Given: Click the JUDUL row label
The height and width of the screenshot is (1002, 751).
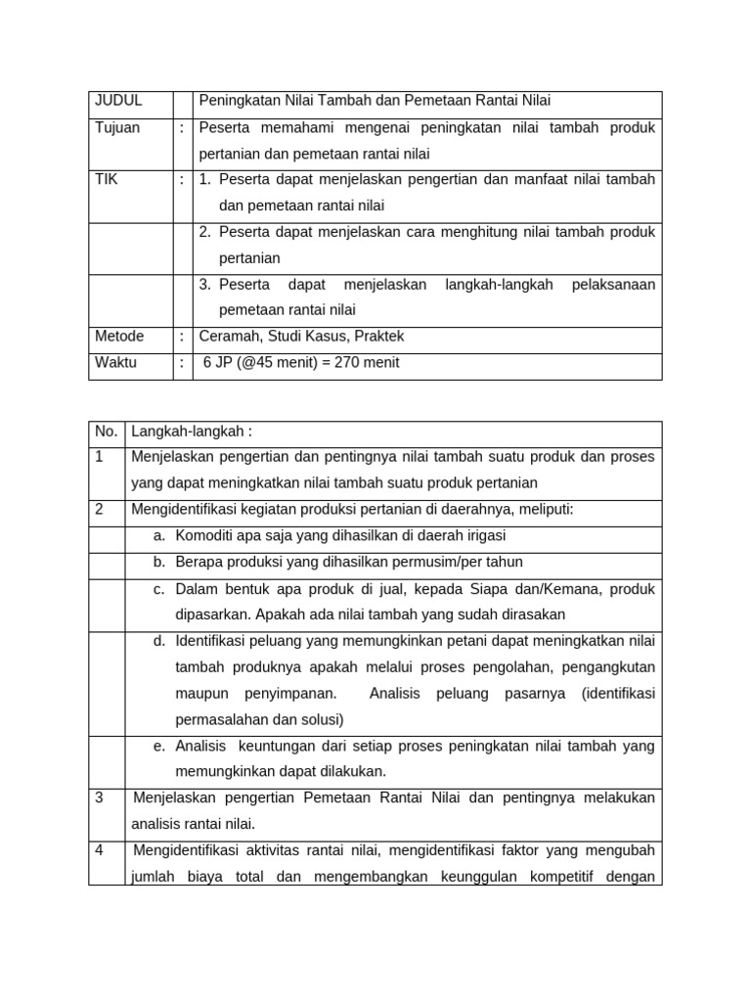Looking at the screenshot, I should click(118, 101).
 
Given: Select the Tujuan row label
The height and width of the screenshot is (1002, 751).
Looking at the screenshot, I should click(117, 128).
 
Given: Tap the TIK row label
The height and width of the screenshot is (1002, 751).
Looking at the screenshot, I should click(106, 180).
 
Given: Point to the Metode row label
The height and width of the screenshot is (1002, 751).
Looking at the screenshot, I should click(119, 337).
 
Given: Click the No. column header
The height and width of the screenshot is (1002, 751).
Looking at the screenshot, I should click(106, 433).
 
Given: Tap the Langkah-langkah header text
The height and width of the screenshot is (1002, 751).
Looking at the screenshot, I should click(192, 433).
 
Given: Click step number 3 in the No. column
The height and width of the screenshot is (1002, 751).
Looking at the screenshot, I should click(100, 798).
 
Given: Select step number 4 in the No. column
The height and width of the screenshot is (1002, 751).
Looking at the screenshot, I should click(100, 850).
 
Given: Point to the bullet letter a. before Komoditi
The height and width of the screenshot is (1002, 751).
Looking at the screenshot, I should click(159, 536).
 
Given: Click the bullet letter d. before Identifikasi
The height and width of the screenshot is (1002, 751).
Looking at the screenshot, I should click(159, 642).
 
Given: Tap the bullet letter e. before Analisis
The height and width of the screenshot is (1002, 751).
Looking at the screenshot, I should click(159, 747).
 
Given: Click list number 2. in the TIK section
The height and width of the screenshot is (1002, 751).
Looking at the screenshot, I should click(205, 232).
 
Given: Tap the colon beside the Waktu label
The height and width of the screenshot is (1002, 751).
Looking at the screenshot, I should click(182, 363).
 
